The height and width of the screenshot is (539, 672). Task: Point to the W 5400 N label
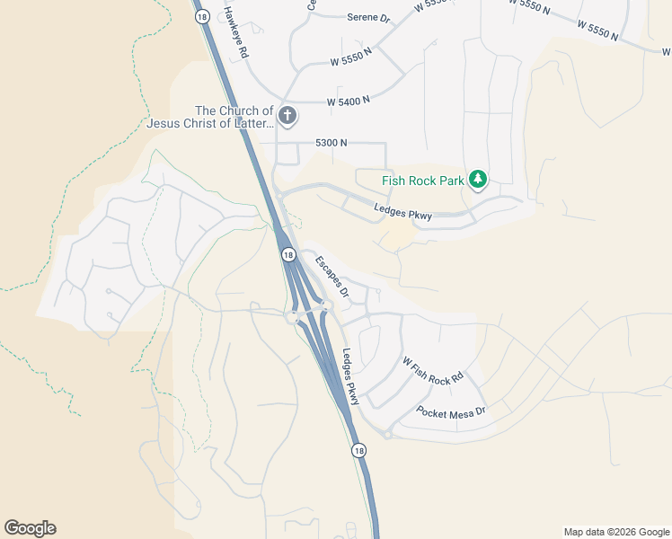coord(349,102)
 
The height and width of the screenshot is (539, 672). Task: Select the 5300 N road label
coord(332,143)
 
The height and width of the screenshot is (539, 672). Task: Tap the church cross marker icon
coord(287,115)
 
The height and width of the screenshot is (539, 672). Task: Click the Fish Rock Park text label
coord(422,181)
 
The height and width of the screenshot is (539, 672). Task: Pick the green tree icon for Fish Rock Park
coord(478,181)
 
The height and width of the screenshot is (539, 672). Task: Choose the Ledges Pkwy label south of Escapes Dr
coord(350,376)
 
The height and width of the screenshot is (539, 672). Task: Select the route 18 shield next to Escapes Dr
coord(287,255)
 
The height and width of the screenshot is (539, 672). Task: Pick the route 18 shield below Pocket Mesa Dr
coord(359,451)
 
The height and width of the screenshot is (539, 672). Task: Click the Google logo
coord(30,528)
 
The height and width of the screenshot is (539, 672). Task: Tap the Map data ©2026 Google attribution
coord(616,532)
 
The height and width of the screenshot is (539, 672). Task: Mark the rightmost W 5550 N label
coord(597,31)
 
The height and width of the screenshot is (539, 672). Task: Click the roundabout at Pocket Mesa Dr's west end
coord(387,435)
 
